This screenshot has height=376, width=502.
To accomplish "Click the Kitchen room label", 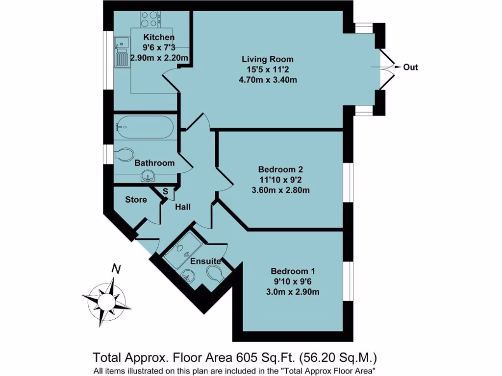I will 158,37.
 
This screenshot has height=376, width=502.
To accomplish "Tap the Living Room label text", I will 268,59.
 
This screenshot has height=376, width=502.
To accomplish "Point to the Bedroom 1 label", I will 295,271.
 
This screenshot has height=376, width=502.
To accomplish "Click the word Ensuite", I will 205,261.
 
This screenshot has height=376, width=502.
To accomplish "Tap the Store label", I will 136,199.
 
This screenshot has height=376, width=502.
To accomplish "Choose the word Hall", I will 183,207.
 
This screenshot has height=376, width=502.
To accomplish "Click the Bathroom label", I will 154,163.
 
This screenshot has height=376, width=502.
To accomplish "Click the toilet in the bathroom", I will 123,154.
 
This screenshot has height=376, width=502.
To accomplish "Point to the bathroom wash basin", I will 148,176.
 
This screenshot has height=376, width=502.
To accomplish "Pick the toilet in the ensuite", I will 215,273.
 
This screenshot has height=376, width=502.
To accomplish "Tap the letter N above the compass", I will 116,268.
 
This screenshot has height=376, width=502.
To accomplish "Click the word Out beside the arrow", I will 410,67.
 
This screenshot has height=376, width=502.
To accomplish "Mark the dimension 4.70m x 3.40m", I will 268,79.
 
